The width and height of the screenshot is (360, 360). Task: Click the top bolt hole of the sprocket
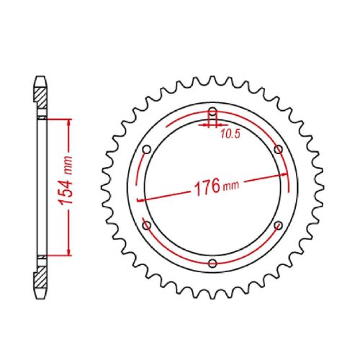click(x=212, y=112)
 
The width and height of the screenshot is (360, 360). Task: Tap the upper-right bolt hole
click(x=278, y=149)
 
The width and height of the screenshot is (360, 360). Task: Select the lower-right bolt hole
click(x=278, y=225)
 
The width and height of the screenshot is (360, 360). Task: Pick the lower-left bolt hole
click(x=147, y=225)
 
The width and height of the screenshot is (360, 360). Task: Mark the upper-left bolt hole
click(x=147, y=149)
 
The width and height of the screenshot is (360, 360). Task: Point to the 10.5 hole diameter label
click(x=230, y=133)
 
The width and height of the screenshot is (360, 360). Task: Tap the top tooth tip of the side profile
click(x=39, y=75)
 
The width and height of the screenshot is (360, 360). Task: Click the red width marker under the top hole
click(x=212, y=124)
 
